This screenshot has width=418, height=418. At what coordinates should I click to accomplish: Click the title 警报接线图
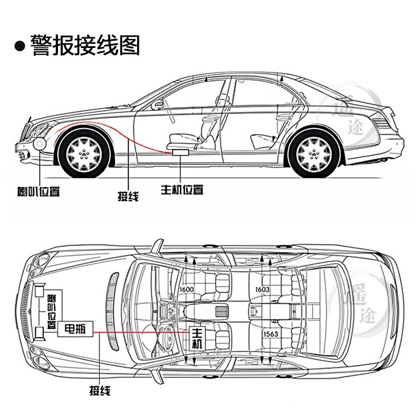coord(85,45)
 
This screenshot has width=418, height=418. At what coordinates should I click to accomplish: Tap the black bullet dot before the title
coord(20,46)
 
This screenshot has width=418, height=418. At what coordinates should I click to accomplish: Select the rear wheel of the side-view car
coord(315,152)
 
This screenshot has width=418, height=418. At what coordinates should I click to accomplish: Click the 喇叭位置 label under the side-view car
coord(38,191)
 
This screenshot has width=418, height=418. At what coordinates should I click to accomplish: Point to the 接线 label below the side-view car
coord(128,196)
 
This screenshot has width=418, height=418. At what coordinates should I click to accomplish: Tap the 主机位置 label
coord(181,189)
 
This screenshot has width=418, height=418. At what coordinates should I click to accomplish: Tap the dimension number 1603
coord(262,289)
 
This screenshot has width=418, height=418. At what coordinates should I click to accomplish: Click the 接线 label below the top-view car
coord(100,391)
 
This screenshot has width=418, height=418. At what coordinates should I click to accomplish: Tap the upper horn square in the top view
coord(39,290)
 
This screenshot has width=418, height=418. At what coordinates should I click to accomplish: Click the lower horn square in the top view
coord(39,333)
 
